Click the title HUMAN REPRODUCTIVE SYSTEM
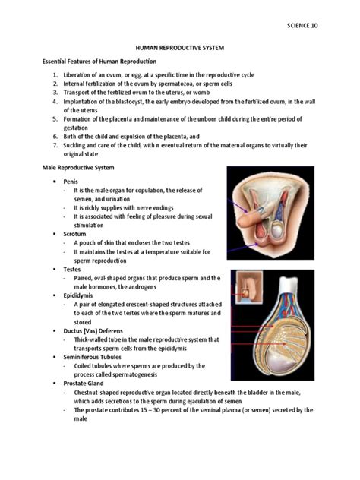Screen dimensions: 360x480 pos(181,47)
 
